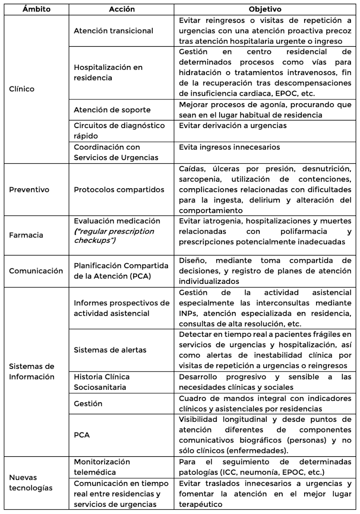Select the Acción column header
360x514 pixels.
pyautogui.click(x=122, y=9)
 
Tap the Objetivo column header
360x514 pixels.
pyautogui.click(x=265, y=9)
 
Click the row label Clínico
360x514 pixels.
pyautogui.click(x=22, y=89)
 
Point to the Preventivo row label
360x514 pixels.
pyautogui.click(x=29, y=190)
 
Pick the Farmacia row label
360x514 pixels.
pyautogui.click(x=26, y=235)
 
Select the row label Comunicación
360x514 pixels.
pyautogui.click(x=36, y=271)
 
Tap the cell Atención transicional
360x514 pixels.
pyautogui.click(x=113, y=31)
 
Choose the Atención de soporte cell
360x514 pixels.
pyautogui.click(x=112, y=110)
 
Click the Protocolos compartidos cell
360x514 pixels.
pyautogui.click(x=119, y=190)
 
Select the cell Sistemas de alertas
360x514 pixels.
pyautogui.click(x=110, y=350)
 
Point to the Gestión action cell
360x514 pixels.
pyautogui.click(x=88, y=404)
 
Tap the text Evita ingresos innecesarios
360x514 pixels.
pyautogui.click(x=229, y=147)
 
